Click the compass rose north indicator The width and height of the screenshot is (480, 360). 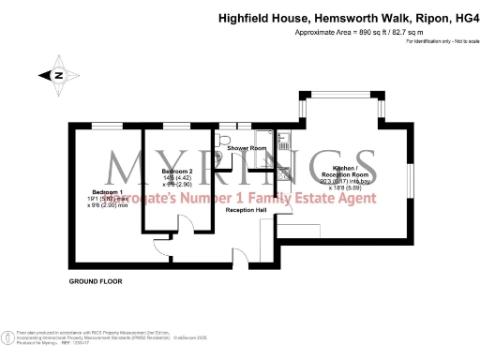57,75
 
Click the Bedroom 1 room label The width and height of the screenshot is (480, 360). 95,191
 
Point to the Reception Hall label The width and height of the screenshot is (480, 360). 247,211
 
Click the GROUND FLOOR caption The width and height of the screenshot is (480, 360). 96,281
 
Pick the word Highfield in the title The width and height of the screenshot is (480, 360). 244,16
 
